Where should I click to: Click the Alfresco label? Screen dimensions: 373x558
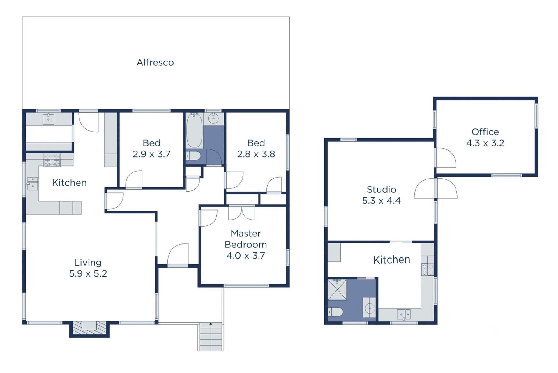155,62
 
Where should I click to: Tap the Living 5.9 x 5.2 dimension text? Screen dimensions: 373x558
88,273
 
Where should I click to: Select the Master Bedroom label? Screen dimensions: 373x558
246,239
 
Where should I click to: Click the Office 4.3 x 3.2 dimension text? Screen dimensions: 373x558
485,143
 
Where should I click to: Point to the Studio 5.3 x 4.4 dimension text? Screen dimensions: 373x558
381,201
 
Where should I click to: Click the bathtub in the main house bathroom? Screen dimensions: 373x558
194,130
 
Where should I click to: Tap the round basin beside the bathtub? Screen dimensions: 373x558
213,118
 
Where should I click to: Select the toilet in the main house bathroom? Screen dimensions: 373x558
193,156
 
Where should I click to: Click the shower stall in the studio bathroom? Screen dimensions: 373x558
337,290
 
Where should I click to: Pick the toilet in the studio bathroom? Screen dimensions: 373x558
335,312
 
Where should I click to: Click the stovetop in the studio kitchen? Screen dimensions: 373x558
428,270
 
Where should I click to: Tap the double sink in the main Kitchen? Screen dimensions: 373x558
33,183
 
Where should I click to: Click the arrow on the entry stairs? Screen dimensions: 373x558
211,324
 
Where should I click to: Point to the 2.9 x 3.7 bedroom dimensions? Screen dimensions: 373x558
151,154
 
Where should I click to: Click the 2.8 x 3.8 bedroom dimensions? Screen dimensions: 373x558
256,154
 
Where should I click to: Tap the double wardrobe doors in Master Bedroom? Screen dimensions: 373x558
242,213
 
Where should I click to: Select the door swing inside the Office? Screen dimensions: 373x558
446,158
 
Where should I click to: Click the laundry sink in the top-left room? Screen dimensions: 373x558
48,119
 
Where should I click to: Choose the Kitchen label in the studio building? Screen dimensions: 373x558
391,260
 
